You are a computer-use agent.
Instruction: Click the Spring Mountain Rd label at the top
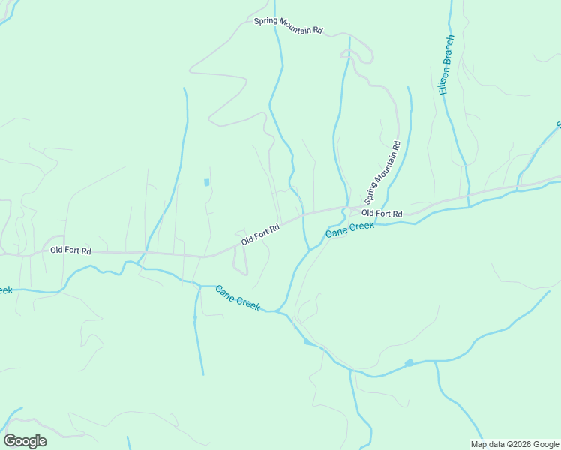tap(288, 25)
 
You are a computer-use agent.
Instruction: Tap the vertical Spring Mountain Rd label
tap(383, 172)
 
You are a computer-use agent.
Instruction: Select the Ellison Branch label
tap(446, 64)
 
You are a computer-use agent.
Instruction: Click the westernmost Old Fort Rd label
tap(70, 250)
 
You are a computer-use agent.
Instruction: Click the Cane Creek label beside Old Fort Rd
tap(349, 230)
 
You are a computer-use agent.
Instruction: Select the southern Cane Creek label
tap(237, 298)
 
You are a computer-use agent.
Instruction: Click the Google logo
tap(25, 440)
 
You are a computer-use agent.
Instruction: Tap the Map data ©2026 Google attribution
tap(514, 444)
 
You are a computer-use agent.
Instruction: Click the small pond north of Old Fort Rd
tap(206, 182)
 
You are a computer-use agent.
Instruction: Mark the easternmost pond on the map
tap(409, 363)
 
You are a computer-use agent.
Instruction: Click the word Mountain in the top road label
tap(295, 26)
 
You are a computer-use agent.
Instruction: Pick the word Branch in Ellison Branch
tap(448, 49)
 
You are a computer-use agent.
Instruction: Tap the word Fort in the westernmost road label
tap(71, 250)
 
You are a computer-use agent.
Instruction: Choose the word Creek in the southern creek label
tap(247, 302)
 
